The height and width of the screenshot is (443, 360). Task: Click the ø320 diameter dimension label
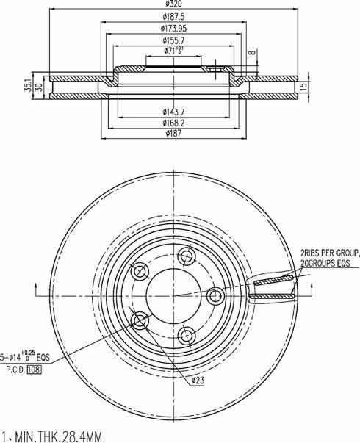pyautogui.click(x=173, y=4)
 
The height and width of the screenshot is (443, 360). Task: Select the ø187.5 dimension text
pyautogui.click(x=173, y=17)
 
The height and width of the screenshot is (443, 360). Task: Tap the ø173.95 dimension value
pyautogui.click(x=173, y=29)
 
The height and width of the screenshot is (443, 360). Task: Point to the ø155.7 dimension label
pyautogui.click(x=173, y=40)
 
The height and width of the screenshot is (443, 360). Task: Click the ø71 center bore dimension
pyautogui.click(x=173, y=51)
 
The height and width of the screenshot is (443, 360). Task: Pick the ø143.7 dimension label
pyautogui.click(x=173, y=112)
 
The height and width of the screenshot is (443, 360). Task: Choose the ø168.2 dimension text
pyautogui.click(x=173, y=123)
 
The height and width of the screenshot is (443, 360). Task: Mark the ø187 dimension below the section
pyautogui.click(x=173, y=134)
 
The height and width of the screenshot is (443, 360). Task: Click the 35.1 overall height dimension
pyautogui.click(x=28, y=85)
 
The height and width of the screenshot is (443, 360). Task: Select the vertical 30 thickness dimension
pyautogui.click(x=40, y=87)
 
